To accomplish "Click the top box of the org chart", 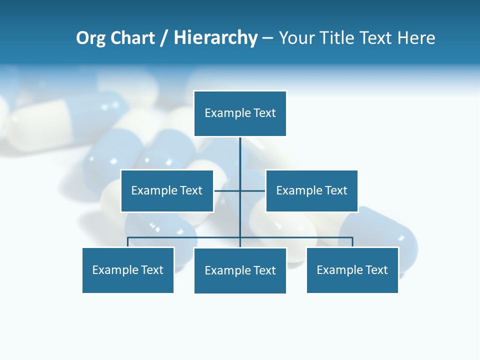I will (x=240, y=113).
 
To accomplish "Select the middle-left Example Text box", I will (x=167, y=190).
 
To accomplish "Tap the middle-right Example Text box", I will (x=311, y=190).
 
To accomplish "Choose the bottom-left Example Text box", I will (x=128, y=270).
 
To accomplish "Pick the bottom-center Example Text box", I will (x=240, y=270).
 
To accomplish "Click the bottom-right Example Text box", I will (x=352, y=270).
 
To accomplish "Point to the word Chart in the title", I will (x=132, y=38).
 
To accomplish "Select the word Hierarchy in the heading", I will (x=215, y=38).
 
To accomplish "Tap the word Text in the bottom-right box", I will (x=376, y=270).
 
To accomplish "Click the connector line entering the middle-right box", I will (x=254, y=190).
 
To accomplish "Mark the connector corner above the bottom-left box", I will (x=128, y=238).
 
